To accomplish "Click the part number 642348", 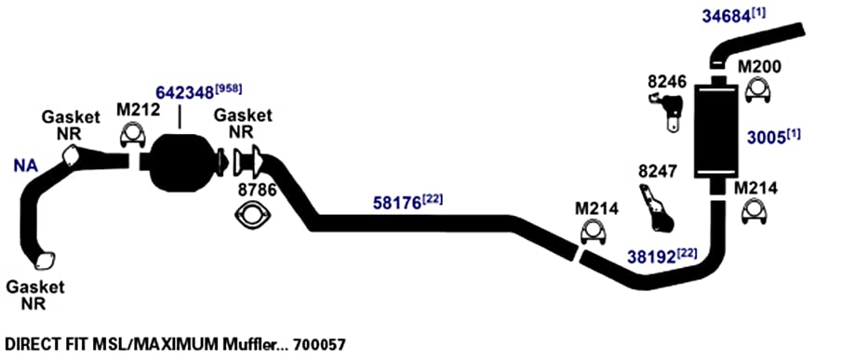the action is point(184,92).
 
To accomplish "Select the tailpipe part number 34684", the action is point(726,16).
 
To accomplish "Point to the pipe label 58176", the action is point(397,203).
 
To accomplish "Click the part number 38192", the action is point(650,256).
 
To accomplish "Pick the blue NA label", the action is point(26,166).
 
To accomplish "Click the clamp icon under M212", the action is point(132,135).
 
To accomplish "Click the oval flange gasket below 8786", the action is point(251,214).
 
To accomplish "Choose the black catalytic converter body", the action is point(180,163).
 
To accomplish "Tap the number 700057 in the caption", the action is point(319,345).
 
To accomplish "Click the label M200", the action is point(759,67).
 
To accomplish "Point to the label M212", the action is point(139,110).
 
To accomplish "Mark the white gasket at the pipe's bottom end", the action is point(44,261).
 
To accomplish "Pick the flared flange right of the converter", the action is point(248,162).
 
